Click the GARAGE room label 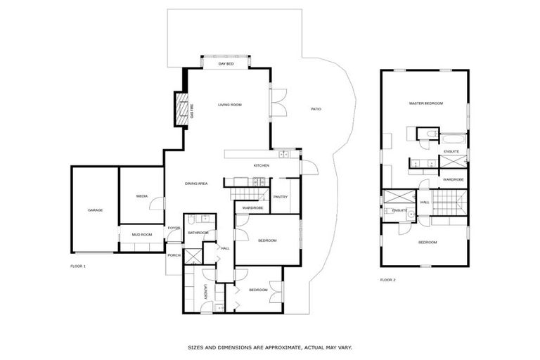tap(95, 210)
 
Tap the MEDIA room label tap(141, 196)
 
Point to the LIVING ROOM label tap(229, 105)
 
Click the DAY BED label tap(226, 64)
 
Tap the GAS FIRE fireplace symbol tap(182, 111)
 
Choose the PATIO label tap(316, 109)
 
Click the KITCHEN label tap(262, 165)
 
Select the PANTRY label tap(281, 197)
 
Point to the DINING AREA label tap(196, 184)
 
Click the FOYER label tap(174, 228)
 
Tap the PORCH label tap(174, 255)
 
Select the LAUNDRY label tap(205, 292)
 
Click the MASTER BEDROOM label tap(426, 103)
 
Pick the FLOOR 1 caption tap(78, 266)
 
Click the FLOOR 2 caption tap(387, 280)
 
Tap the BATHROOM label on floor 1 tap(198, 232)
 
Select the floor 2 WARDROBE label tap(453, 179)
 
